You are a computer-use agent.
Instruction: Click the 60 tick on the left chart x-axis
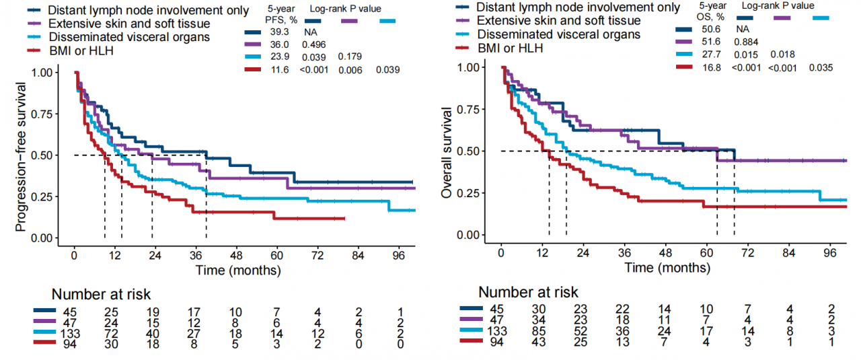(x=277, y=256)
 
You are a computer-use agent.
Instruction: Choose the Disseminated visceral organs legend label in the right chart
(x=558, y=34)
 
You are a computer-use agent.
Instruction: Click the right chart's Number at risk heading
(x=528, y=292)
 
